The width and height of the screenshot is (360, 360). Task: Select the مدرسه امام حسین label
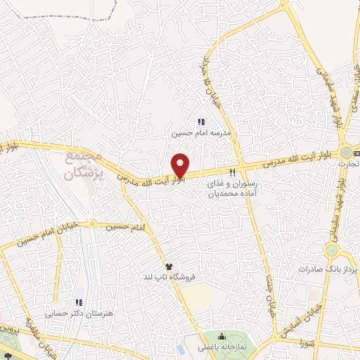tap(202, 132)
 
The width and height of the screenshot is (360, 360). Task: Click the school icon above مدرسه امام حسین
tap(202, 122)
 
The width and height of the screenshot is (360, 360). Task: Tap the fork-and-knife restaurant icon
tap(232, 172)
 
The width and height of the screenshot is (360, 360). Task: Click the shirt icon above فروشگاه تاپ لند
tap(169, 266)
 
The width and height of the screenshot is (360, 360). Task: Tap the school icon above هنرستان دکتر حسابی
tap(79, 302)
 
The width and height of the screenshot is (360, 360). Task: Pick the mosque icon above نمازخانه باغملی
tap(222, 336)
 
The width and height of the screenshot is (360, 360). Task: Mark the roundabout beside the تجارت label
tap(346, 152)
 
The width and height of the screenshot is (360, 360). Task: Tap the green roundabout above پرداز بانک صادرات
tap(331, 250)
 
